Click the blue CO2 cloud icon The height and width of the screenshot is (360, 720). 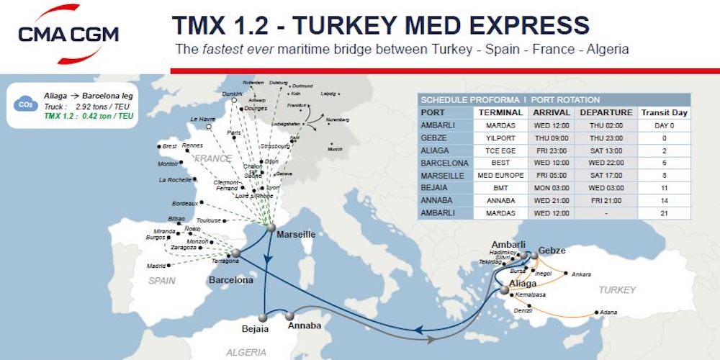click(x=24, y=105)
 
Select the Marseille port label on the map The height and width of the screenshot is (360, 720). click(x=297, y=235)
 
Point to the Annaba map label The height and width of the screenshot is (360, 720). click(x=305, y=326)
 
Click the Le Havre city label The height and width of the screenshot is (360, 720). click(x=204, y=119)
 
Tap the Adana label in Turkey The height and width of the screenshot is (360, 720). click(x=609, y=313)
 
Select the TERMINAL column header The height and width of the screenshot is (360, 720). click(x=501, y=112)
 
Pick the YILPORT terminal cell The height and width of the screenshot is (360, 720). click(x=501, y=138)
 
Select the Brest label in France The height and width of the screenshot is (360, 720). click(x=169, y=146)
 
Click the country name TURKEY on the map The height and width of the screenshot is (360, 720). click(x=616, y=290)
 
